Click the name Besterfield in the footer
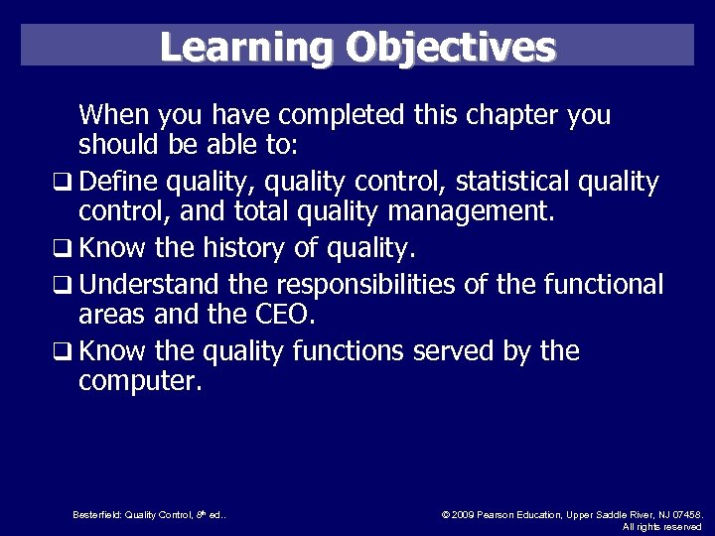pyautogui.click(x=96, y=514)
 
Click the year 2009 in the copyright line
pyautogui.click(x=465, y=514)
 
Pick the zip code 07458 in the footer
pyautogui.click(x=685, y=514)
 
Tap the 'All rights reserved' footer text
pyautogui.click(x=662, y=526)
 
